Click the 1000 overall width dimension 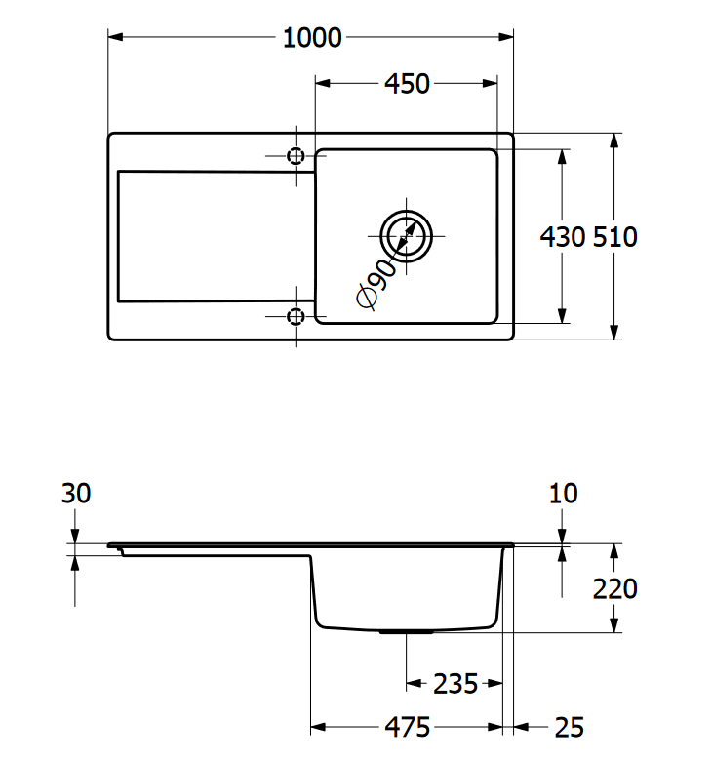click(x=312, y=38)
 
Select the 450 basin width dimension click(x=407, y=84)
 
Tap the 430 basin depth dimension click(x=563, y=237)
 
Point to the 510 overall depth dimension click(x=614, y=237)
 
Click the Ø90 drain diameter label click(x=376, y=285)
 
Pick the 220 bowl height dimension click(x=614, y=588)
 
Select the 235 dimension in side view click(x=455, y=684)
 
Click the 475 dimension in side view click(x=407, y=727)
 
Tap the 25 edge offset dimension click(x=570, y=728)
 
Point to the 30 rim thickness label click(x=76, y=494)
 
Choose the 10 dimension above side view click(x=563, y=494)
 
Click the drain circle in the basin click(x=407, y=211)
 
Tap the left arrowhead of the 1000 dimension click(x=115, y=37)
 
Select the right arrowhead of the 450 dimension click(x=491, y=84)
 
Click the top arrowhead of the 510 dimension click(x=614, y=140)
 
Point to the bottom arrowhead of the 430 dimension click(x=562, y=316)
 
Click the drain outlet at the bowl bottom click(x=407, y=632)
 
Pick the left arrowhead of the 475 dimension click(x=318, y=727)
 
